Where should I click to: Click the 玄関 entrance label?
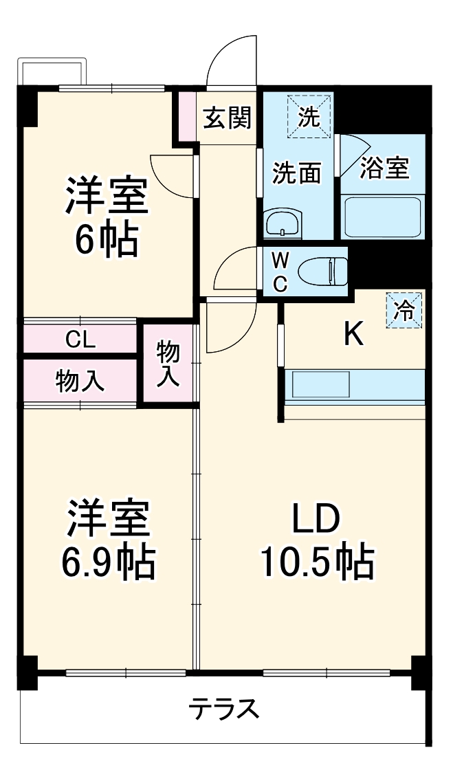pos(226,118)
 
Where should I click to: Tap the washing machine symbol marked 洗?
pos(309,116)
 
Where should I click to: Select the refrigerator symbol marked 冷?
pos(404,311)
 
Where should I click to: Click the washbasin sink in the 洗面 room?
pos(283,223)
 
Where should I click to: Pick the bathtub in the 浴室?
pos(382,217)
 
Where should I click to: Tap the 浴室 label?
pos(386,167)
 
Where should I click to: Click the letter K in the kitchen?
pos(353,334)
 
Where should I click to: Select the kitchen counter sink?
pos(321,384)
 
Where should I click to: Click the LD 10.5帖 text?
pos(316,543)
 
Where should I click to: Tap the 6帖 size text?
pos(107,239)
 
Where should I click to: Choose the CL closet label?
pos(80,339)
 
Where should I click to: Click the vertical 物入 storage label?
pos(168,363)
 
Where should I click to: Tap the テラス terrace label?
pos(225,707)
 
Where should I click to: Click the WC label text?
pos(280,273)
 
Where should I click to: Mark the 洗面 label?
pos(297,173)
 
